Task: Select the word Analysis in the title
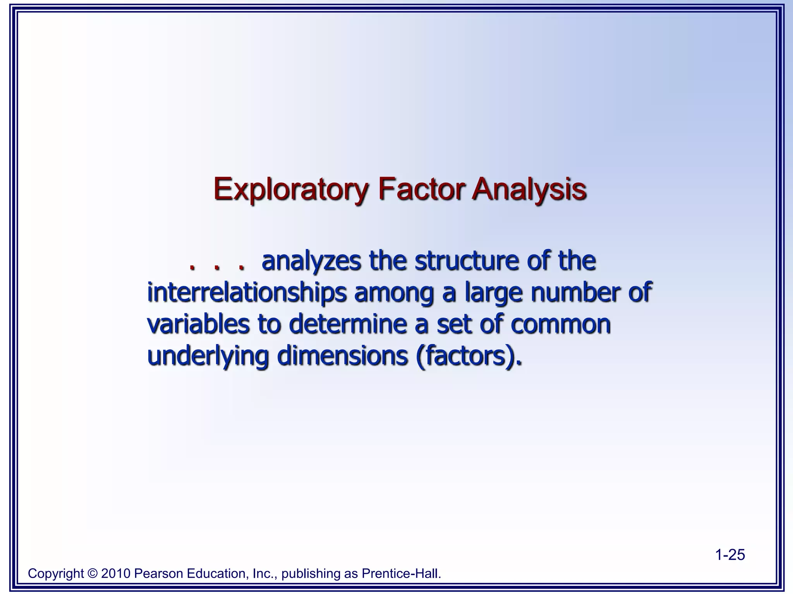point(529,189)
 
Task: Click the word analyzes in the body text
point(311,261)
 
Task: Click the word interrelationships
point(247,293)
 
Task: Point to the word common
point(560,325)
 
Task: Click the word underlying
point(208,356)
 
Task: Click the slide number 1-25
point(729,555)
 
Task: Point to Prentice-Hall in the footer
point(401,574)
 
